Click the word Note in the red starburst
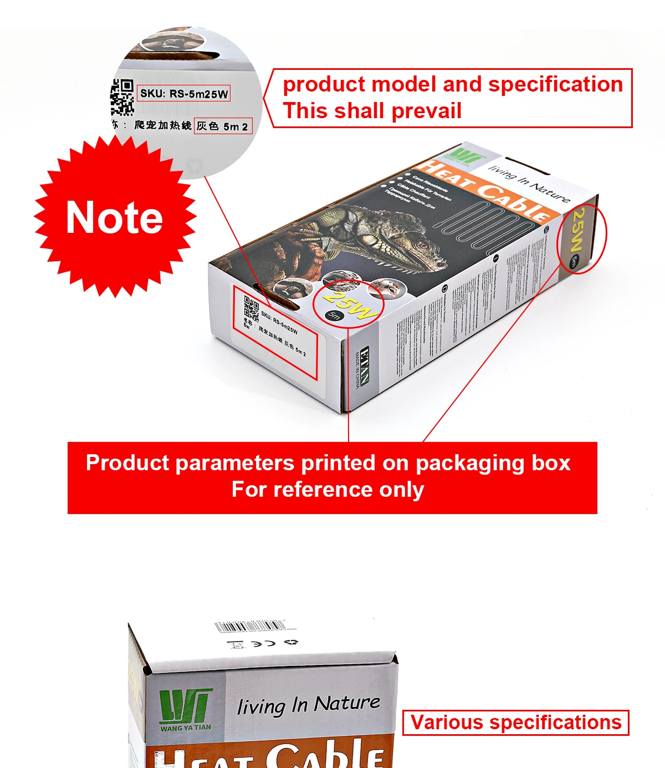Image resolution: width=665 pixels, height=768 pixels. (x=114, y=217)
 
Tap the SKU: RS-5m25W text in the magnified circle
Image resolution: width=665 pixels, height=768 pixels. (x=183, y=94)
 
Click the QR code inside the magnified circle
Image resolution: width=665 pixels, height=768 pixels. (x=122, y=97)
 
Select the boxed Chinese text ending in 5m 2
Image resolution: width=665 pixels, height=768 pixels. (x=223, y=126)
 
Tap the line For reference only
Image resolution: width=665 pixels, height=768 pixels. (x=328, y=490)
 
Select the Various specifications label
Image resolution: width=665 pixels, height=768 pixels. (x=515, y=723)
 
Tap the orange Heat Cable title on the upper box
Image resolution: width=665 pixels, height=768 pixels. (x=484, y=191)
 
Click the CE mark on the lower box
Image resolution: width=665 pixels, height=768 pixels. (x=263, y=643)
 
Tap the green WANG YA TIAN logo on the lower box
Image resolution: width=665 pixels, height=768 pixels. (x=185, y=710)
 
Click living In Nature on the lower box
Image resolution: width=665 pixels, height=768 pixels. (x=308, y=705)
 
